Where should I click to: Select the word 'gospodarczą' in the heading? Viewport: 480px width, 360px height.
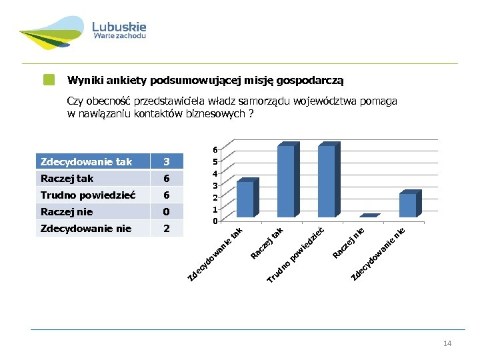pyautogui.click(x=311, y=81)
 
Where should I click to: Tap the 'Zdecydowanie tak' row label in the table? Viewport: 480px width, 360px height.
pyautogui.click(x=86, y=162)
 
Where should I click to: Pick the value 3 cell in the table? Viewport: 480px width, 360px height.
pyautogui.click(x=167, y=162)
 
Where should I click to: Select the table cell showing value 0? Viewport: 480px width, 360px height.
pyautogui.click(x=167, y=212)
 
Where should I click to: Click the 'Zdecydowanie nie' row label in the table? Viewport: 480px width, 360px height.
pyautogui.click(x=86, y=229)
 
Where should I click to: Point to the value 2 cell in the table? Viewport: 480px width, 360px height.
pyautogui.click(x=167, y=229)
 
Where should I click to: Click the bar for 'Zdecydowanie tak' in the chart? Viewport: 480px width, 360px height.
pyautogui.click(x=246, y=199)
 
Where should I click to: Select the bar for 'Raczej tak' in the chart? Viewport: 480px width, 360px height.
pyautogui.click(x=287, y=181)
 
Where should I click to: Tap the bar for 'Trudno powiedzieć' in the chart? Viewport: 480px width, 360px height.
pyautogui.click(x=327, y=181)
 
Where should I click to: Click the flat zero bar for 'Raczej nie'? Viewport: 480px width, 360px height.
pyautogui.click(x=369, y=216)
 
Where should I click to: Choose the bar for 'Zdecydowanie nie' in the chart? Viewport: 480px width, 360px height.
pyautogui.click(x=408, y=205)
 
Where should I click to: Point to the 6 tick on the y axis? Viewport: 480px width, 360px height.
pyautogui.click(x=214, y=149)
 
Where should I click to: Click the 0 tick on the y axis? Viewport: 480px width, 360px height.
pyautogui.click(x=214, y=221)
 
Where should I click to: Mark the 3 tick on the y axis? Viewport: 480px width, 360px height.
pyautogui.click(x=214, y=185)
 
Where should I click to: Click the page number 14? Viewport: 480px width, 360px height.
pyautogui.click(x=447, y=343)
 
